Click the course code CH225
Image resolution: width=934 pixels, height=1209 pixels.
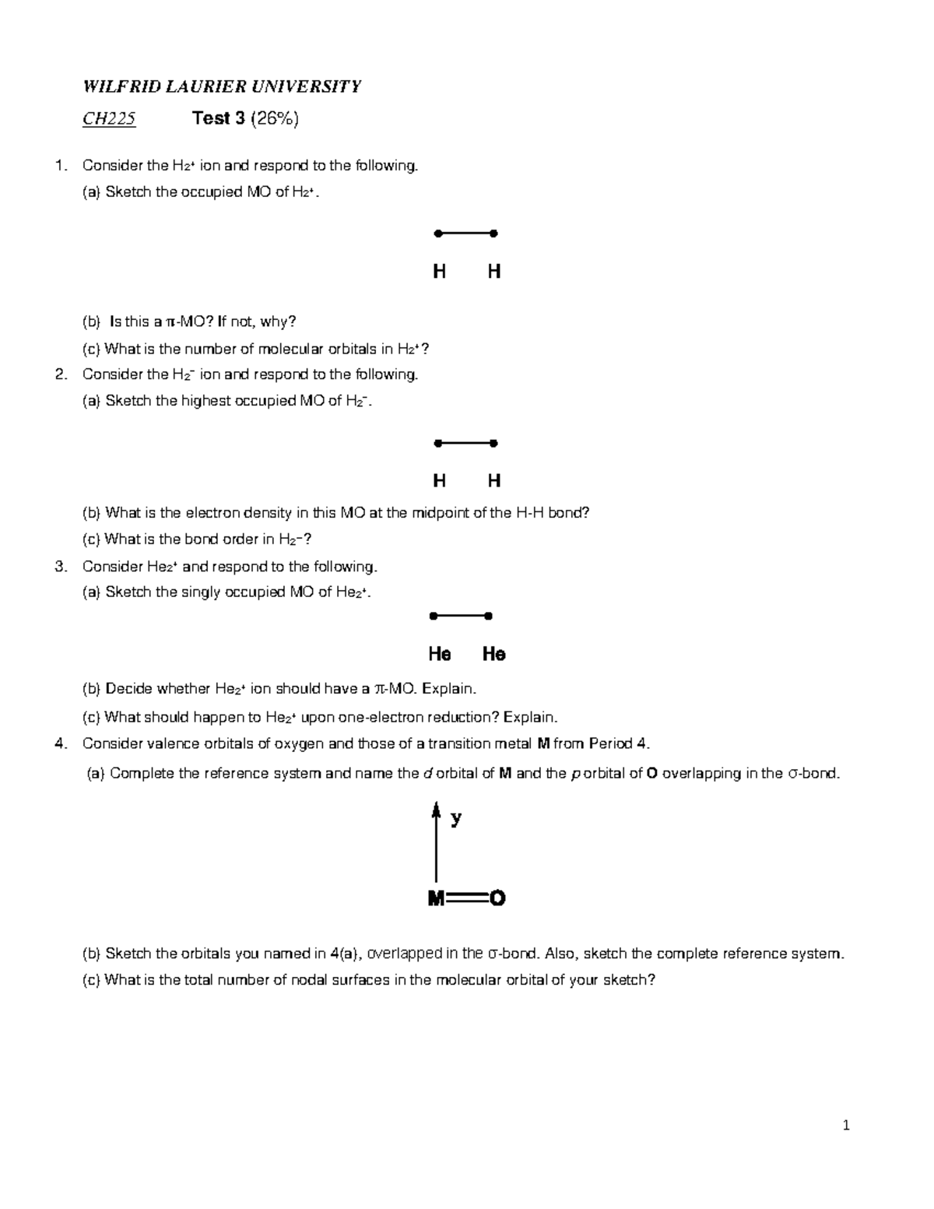[x=109, y=118]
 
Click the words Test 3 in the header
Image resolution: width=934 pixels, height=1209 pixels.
[x=218, y=118]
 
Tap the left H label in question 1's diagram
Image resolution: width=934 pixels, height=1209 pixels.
[x=439, y=272]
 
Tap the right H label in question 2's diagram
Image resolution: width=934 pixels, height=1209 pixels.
[x=493, y=481]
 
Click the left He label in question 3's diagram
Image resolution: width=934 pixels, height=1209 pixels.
[x=439, y=654]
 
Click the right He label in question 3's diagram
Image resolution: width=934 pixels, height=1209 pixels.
[x=493, y=654]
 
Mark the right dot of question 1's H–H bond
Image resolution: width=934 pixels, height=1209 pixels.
[x=493, y=234]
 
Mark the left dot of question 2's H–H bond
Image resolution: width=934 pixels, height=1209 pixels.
[x=438, y=444]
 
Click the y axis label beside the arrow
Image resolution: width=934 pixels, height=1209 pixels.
[x=456, y=817]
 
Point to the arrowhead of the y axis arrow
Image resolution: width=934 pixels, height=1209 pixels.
[x=436, y=810]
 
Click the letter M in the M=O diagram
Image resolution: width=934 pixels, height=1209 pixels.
[x=436, y=898]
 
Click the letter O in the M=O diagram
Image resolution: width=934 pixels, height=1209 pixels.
[x=497, y=898]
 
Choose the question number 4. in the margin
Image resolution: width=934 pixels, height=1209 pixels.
[x=61, y=743]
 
